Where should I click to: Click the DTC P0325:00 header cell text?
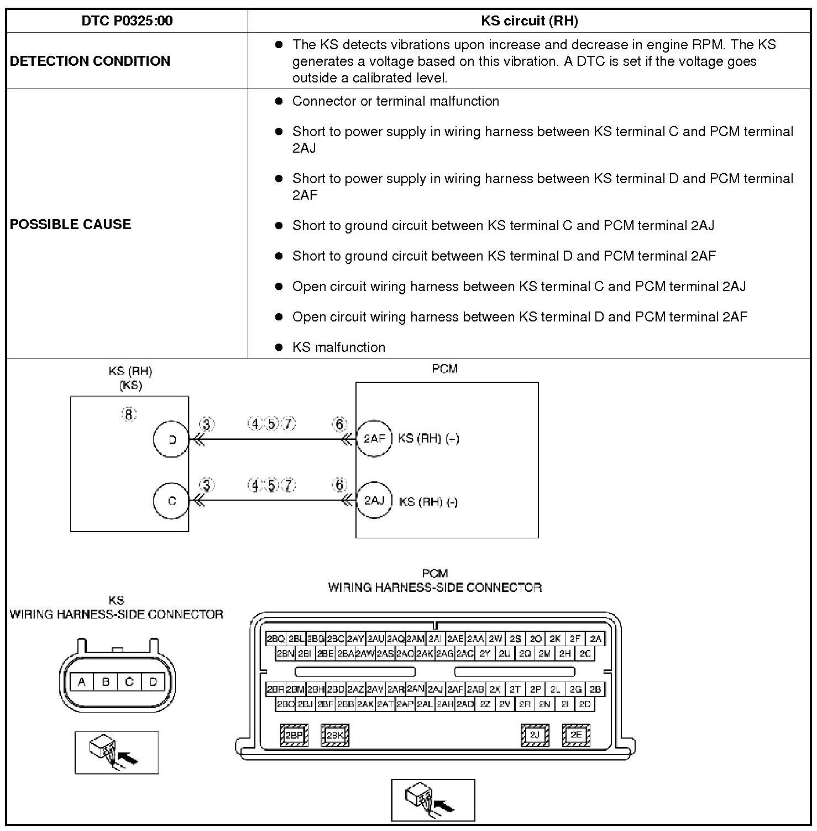127,21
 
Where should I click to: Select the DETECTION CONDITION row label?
90,61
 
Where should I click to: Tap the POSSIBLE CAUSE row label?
71,224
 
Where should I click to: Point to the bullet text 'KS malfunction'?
338,347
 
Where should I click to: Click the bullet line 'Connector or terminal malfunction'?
395,101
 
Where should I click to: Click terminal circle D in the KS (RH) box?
171,440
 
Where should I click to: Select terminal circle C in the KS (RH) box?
171,501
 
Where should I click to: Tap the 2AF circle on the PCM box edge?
374,439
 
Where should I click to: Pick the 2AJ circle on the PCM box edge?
374,500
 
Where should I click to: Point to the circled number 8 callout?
129,414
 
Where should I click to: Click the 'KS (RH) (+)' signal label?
428,439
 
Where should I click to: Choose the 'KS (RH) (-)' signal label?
428,502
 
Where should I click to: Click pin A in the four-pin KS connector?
82,682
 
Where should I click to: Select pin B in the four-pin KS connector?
106,682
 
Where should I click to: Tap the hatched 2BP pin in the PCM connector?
294,735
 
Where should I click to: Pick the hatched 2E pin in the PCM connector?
576,735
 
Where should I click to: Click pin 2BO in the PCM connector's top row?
275,638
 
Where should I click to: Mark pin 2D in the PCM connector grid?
585,704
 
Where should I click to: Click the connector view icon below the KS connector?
117,752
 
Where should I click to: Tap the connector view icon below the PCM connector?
433,800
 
